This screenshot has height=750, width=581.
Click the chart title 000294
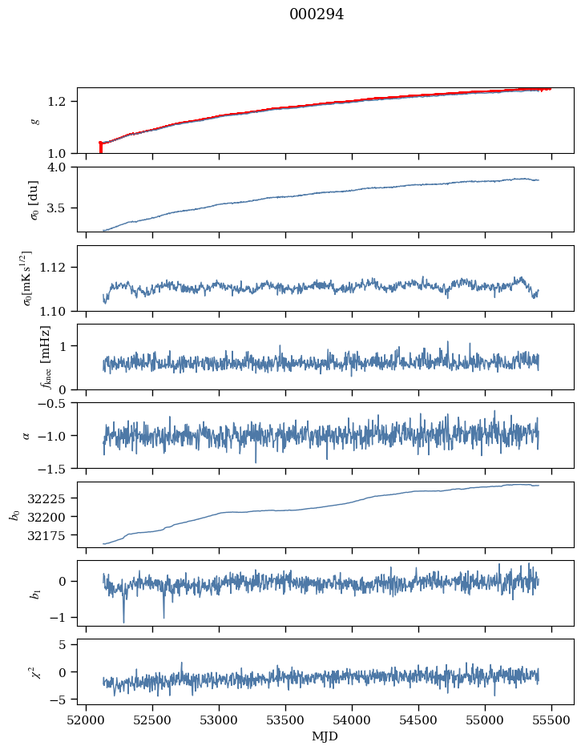click(x=317, y=14)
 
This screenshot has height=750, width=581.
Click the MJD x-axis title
click(x=325, y=736)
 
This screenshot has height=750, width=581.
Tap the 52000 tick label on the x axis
click(x=87, y=720)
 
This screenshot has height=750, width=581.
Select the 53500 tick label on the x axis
click(x=286, y=720)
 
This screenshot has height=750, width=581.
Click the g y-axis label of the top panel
click(x=34, y=120)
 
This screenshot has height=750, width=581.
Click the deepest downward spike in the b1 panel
click(x=123, y=621)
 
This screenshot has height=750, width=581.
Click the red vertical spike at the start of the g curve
click(x=100, y=147)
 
